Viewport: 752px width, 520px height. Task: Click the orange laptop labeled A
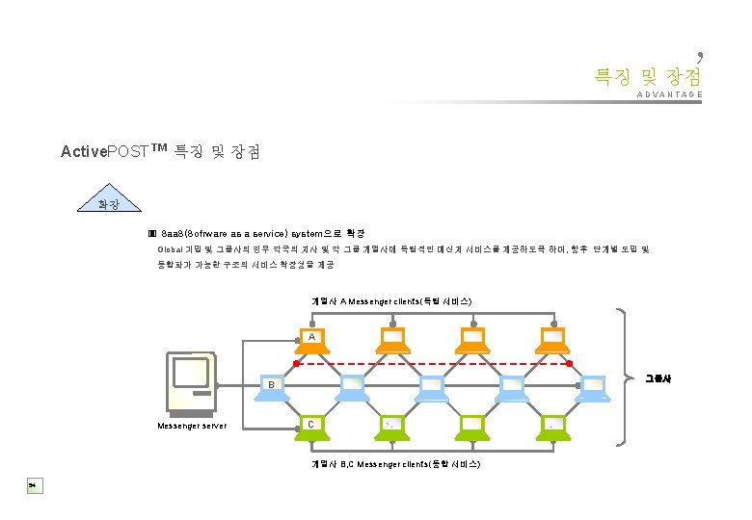pyautogui.click(x=311, y=338)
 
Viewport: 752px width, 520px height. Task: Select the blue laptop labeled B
pyautogui.click(x=272, y=386)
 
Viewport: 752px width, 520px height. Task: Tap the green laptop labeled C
pyautogui.click(x=311, y=428)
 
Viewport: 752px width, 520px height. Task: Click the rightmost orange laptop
pyautogui.click(x=553, y=338)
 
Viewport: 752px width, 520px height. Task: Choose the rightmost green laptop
pyautogui.click(x=553, y=428)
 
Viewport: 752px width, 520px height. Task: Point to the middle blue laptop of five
pyautogui.click(x=432, y=386)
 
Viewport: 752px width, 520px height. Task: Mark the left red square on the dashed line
pyautogui.click(x=296, y=363)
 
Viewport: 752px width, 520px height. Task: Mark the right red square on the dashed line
pyautogui.click(x=569, y=363)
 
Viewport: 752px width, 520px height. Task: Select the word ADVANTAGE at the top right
pyautogui.click(x=669, y=94)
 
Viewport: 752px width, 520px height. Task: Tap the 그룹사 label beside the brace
pyautogui.click(x=658, y=378)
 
